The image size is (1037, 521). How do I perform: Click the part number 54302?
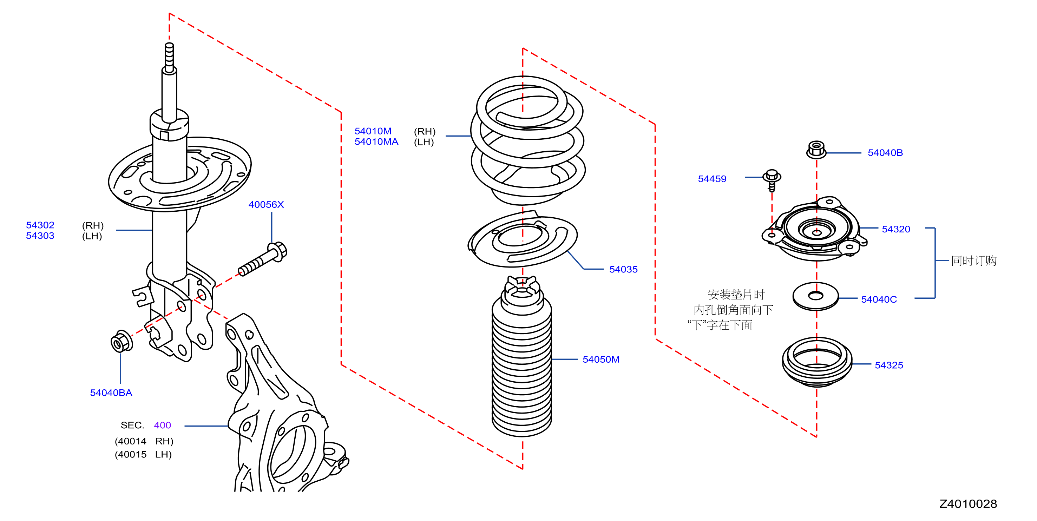pyautogui.click(x=40, y=225)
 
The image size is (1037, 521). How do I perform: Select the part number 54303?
pyautogui.click(x=40, y=236)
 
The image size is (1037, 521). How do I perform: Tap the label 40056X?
pyautogui.click(x=266, y=204)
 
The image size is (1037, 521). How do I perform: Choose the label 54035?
pyautogui.click(x=623, y=270)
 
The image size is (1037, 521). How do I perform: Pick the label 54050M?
pyautogui.click(x=601, y=359)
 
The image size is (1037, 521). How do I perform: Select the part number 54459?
pyautogui.click(x=712, y=179)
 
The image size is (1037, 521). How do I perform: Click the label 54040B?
pyautogui.click(x=885, y=153)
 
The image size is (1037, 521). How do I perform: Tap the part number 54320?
pyautogui.click(x=896, y=229)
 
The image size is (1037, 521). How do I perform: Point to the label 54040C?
pyautogui.click(x=879, y=300)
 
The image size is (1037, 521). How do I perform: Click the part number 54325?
pyautogui.click(x=889, y=365)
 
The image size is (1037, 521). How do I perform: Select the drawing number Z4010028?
pyautogui.click(x=968, y=504)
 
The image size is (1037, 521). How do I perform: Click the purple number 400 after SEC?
pyautogui.click(x=162, y=425)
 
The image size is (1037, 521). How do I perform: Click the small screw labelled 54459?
pyautogui.click(x=772, y=180)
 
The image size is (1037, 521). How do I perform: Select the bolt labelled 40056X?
pyautogui.click(x=262, y=259)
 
